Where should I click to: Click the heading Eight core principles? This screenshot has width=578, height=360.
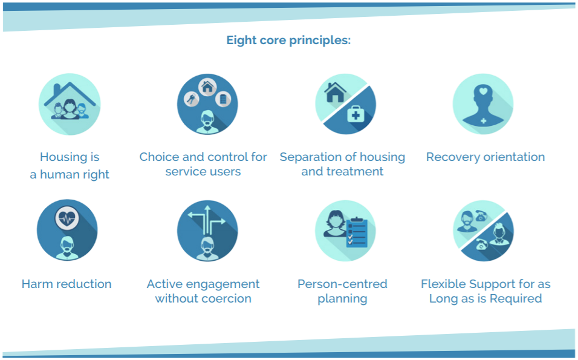288,40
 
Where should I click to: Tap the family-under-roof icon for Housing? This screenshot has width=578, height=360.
70,104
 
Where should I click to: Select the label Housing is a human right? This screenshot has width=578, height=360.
70,165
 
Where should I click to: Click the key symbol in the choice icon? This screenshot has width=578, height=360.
191,99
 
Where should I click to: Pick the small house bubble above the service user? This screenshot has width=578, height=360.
207,87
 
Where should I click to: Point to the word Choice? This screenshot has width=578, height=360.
159,157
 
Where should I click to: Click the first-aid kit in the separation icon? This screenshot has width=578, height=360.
356,115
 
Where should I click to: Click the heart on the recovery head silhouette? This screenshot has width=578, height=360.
483,91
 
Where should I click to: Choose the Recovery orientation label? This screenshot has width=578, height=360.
485,157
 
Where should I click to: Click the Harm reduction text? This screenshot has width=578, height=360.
67,284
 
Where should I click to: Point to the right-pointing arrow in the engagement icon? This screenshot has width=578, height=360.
218,222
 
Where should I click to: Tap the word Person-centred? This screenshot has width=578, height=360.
342,284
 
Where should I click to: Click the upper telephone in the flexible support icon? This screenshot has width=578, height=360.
481,216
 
